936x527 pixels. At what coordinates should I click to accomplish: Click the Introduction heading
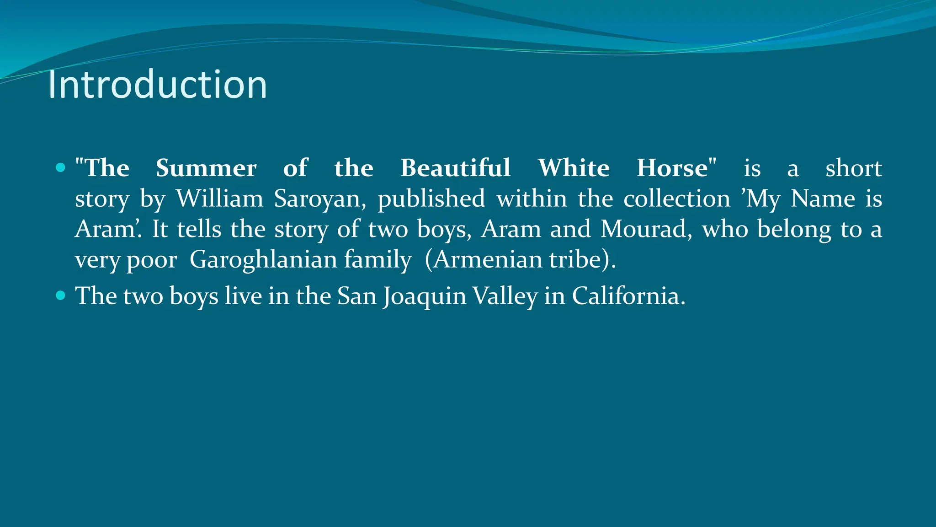157,85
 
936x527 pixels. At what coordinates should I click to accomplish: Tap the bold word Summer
206,168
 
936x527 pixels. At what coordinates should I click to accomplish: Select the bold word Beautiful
456,168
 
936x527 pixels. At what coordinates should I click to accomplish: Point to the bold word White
574,168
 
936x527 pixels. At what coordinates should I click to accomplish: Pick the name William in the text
220,199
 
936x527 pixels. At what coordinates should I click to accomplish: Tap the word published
431,199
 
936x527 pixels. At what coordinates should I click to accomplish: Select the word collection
677,199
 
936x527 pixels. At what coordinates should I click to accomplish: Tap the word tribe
575,260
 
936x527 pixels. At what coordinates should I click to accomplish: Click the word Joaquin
425,296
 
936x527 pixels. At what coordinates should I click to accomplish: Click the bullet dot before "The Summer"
60,168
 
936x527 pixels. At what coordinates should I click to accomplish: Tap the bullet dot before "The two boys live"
60,296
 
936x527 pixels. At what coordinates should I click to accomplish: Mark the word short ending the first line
853,168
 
